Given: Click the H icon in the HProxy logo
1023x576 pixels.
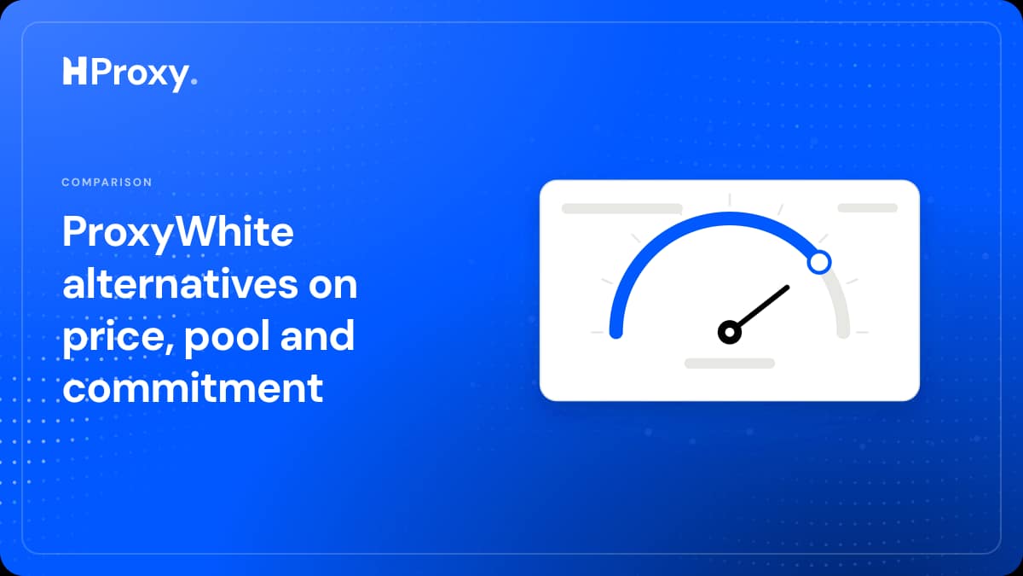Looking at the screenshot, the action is (x=74, y=71).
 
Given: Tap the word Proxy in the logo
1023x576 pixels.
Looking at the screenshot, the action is (x=140, y=74).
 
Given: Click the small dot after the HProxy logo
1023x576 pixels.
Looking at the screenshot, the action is (x=194, y=81).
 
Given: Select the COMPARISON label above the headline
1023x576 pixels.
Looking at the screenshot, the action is (x=107, y=182).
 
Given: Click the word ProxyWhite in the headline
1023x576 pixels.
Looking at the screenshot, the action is (x=177, y=234).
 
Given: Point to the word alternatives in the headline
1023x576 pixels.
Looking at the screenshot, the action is (x=180, y=284).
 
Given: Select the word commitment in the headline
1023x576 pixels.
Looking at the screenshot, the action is (x=193, y=387).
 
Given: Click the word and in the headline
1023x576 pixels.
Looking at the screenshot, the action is (x=317, y=335).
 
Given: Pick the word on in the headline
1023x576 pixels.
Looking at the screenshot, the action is (x=332, y=286).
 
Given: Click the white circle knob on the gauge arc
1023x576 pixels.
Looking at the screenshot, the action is (x=819, y=263).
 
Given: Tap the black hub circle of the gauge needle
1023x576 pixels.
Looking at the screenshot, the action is (x=730, y=332).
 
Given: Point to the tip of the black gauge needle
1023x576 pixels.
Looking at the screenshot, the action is (x=788, y=288).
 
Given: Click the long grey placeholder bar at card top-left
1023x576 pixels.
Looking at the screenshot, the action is (x=622, y=208).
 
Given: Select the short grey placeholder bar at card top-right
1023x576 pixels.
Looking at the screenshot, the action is (x=867, y=208).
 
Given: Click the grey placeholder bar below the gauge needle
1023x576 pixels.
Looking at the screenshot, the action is (x=730, y=364).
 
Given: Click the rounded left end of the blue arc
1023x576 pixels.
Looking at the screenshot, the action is (x=616, y=333).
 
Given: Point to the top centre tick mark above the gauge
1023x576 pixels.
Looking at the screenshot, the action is (x=730, y=200).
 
